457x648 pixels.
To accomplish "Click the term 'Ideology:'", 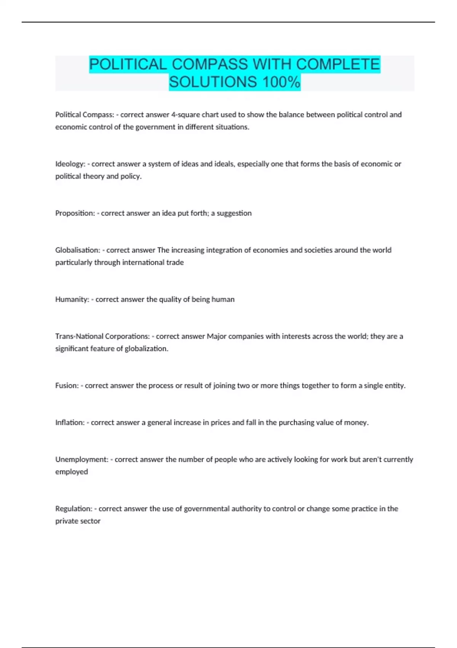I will pos(70,164).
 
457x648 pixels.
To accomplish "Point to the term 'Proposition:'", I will pos(75,213).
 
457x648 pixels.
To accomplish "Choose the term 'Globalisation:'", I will pos(78,250).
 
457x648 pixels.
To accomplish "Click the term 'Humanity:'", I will pos(72,299).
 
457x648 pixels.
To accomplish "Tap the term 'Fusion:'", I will pos(67,385).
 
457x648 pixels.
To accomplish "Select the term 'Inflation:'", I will pos(70,422).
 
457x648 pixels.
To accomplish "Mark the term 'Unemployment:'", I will pos(81,459).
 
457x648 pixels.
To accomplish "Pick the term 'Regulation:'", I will pos(74,508).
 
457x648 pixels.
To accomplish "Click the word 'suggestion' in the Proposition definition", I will pos(234,213).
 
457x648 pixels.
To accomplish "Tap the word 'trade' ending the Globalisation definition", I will pos(175,262).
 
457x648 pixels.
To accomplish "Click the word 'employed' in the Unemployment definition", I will pos(72,472).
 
